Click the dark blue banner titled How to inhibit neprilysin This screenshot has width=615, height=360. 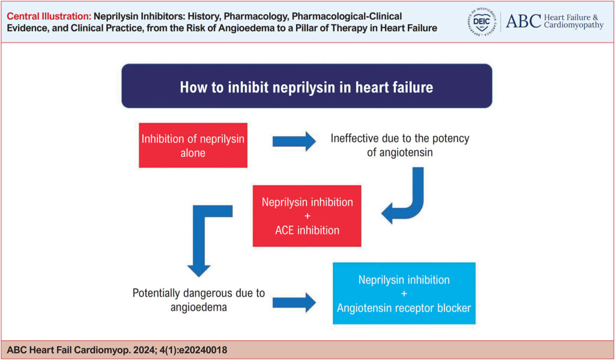pyautogui.click(x=307, y=86)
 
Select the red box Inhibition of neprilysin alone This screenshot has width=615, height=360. pyautogui.click(x=193, y=145)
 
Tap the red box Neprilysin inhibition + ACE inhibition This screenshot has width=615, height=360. pyautogui.click(x=307, y=216)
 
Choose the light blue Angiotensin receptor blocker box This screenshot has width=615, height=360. pyautogui.click(x=404, y=293)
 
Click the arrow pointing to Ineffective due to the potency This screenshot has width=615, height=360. pyautogui.click(x=294, y=141)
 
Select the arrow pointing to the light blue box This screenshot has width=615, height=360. pyautogui.click(x=294, y=303)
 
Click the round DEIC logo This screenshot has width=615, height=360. pyautogui.click(x=481, y=22)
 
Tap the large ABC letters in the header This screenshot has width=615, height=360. pyautogui.click(x=524, y=21)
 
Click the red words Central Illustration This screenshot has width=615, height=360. pyautogui.click(x=49, y=16)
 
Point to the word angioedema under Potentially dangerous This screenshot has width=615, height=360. pyautogui.click(x=198, y=307)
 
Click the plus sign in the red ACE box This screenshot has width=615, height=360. pyautogui.click(x=307, y=216)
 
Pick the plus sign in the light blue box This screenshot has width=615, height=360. pyautogui.click(x=404, y=294)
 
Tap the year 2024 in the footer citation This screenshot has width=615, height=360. pyautogui.click(x=145, y=350)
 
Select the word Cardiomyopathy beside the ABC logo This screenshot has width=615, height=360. pyautogui.click(x=574, y=25)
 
